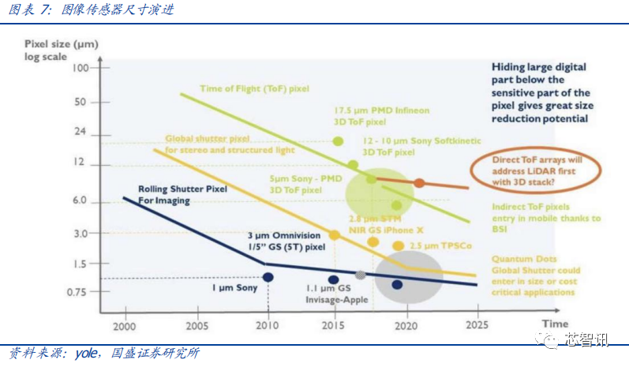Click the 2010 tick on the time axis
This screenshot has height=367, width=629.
[x=268, y=324]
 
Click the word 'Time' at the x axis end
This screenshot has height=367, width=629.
[x=554, y=324]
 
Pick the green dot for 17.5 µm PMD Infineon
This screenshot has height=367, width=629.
[x=338, y=141]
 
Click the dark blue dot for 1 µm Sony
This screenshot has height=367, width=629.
[x=268, y=277]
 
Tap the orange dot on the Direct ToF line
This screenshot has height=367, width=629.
[x=419, y=183]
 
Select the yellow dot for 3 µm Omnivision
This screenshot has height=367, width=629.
[x=334, y=235]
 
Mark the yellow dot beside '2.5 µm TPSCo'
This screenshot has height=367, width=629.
[x=398, y=246]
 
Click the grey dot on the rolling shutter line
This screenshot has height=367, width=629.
[x=361, y=275]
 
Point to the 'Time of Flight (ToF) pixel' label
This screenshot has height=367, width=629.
[x=254, y=89]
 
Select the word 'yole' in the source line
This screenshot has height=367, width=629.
[x=85, y=353]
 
